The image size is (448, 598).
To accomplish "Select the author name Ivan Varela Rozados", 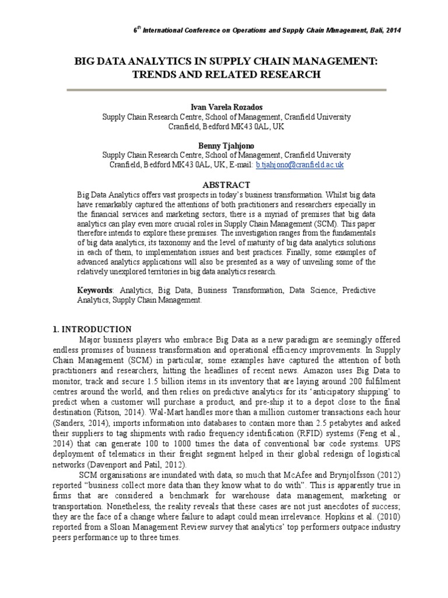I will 227,107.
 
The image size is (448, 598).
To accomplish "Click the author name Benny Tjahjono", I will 227,145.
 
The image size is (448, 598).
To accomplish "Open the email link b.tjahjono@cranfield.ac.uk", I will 300,165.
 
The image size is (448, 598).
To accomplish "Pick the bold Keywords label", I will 95,290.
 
